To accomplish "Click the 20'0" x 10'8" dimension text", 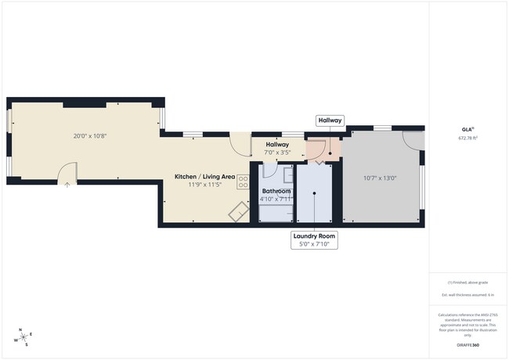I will point(89,135).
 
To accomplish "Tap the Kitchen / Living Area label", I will point(204,177).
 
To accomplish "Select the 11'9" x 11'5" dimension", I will point(204,185).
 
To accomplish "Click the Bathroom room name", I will point(276,191).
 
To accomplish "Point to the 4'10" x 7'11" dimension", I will point(276,199).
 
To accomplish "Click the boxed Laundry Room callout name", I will point(313,236).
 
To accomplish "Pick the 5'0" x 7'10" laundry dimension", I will point(313,244).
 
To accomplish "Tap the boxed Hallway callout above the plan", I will point(330,121).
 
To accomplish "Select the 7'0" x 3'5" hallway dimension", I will point(277,153).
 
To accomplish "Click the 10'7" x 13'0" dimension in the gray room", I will point(380,178).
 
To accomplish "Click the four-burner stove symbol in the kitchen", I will point(243,182).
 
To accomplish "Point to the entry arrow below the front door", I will point(67,185).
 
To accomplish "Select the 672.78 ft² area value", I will point(467,138).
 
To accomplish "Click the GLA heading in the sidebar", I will point(467,129).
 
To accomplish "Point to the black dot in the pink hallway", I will point(330,153).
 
